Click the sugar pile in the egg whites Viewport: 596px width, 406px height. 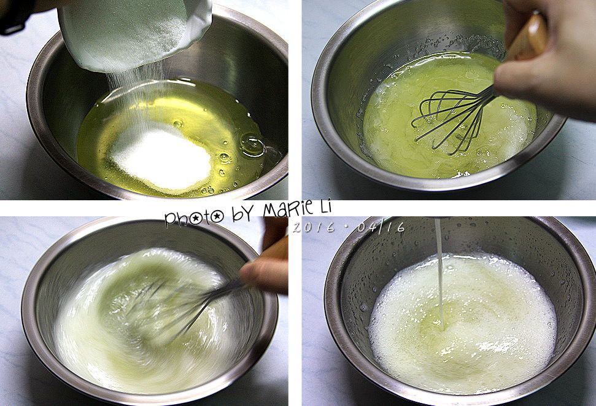[160, 158]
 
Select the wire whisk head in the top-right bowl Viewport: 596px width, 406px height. [452, 118]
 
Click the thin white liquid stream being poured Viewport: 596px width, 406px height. [439, 273]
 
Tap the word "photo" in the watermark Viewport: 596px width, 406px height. [194, 217]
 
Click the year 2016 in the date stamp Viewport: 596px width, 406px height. [314, 227]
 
